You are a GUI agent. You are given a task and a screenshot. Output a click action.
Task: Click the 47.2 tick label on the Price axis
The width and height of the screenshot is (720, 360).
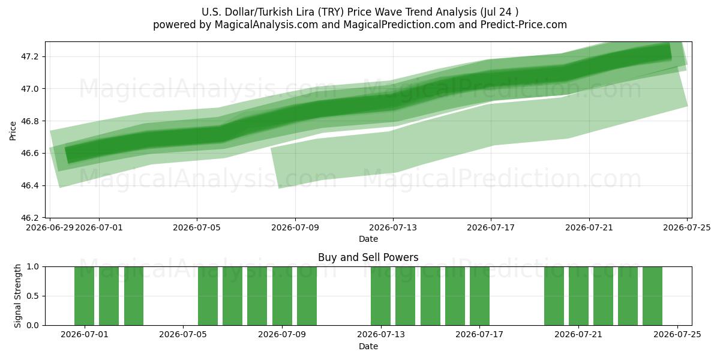pos(29,57)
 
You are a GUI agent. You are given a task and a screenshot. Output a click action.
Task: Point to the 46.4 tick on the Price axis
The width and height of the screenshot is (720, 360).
pos(29,186)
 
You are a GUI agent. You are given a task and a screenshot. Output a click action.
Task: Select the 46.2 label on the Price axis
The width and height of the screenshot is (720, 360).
pos(29,218)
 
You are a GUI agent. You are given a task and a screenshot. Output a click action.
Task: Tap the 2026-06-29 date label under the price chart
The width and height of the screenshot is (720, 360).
pos(50,227)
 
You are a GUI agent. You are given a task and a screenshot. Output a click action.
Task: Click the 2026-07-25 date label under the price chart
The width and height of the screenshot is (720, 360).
pos(687,227)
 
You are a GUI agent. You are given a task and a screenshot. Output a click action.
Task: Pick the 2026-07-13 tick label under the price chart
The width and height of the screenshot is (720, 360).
pos(393,227)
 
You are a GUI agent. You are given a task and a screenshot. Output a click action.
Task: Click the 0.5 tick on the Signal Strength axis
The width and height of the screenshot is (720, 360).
pos(32,296)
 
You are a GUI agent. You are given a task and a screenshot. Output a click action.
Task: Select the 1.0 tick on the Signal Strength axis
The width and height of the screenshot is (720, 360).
pos(32,267)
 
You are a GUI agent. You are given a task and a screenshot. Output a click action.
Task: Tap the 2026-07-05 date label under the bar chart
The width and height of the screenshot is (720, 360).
pos(183,335)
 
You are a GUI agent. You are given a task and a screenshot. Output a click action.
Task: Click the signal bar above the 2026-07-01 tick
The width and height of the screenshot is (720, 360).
pos(84,296)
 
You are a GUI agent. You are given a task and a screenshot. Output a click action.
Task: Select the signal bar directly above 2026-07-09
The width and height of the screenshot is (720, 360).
pos(282,296)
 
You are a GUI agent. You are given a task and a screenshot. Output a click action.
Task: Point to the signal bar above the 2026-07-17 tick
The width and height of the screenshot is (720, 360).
pos(479,296)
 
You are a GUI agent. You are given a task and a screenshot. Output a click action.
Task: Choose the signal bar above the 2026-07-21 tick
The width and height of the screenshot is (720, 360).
pos(578,296)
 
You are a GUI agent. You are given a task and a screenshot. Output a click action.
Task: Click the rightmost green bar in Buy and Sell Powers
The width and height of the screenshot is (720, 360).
pos(653,296)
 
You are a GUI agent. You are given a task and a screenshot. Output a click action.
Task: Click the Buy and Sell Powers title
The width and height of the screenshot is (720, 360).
pos(368,257)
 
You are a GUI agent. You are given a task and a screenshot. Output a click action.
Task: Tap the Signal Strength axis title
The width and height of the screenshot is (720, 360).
pos(17,296)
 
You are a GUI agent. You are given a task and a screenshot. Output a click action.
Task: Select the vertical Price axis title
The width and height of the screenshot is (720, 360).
pos(13,131)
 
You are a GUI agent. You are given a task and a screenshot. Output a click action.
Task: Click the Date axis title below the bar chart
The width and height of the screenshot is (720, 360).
pos(368,347)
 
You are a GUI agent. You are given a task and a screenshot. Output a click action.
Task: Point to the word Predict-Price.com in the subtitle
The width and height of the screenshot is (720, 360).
pos(524,25)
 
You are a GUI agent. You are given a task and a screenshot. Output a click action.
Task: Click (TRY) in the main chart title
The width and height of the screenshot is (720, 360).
pos(331,12)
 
